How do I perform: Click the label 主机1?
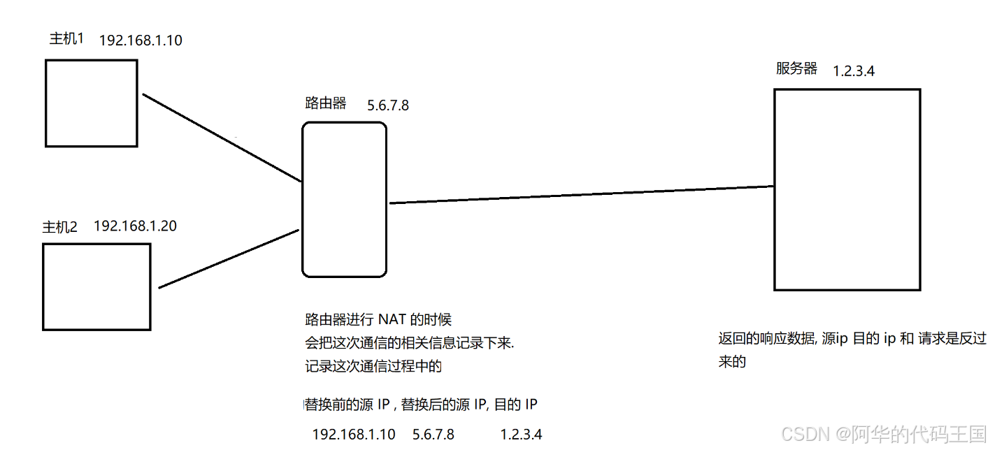pyautogui.click(x=66, y=39)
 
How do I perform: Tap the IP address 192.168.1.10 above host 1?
pyautogui.click(x=141, y=41)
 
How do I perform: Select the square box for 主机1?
pyautogui.click(x=91, y=103)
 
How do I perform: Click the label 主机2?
pyautogui.click(x=60, y=227)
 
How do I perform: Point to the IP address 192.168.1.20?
pyautogui.click(x=135, y=226)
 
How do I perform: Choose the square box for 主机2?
pyautogui.click(x=96, y=286)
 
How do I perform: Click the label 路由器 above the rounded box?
pyautogui.click(x=326, y=103)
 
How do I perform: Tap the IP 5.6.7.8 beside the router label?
pyautogui.click(x=388, y=105)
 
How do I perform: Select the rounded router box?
pyautogui.click(x=344, y=199)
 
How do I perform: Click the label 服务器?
pyautogui.click(x=796, y=68)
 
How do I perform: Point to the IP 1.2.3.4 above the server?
pyautogui.click(x=854, y=71)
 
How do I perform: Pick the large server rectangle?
pyautogui.click(x=847, y=189)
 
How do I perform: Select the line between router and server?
pyautogui.click(x=580, y=195)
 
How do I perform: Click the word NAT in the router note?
pyautogui.click(x=392, y=320)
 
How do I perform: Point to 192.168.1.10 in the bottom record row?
pyautogui.click(x=354, y=435)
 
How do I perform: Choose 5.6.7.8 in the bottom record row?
pyautogui.click(x=433, y=435)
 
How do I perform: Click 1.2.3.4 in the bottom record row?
pyautogui.click(x=521, y=435)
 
